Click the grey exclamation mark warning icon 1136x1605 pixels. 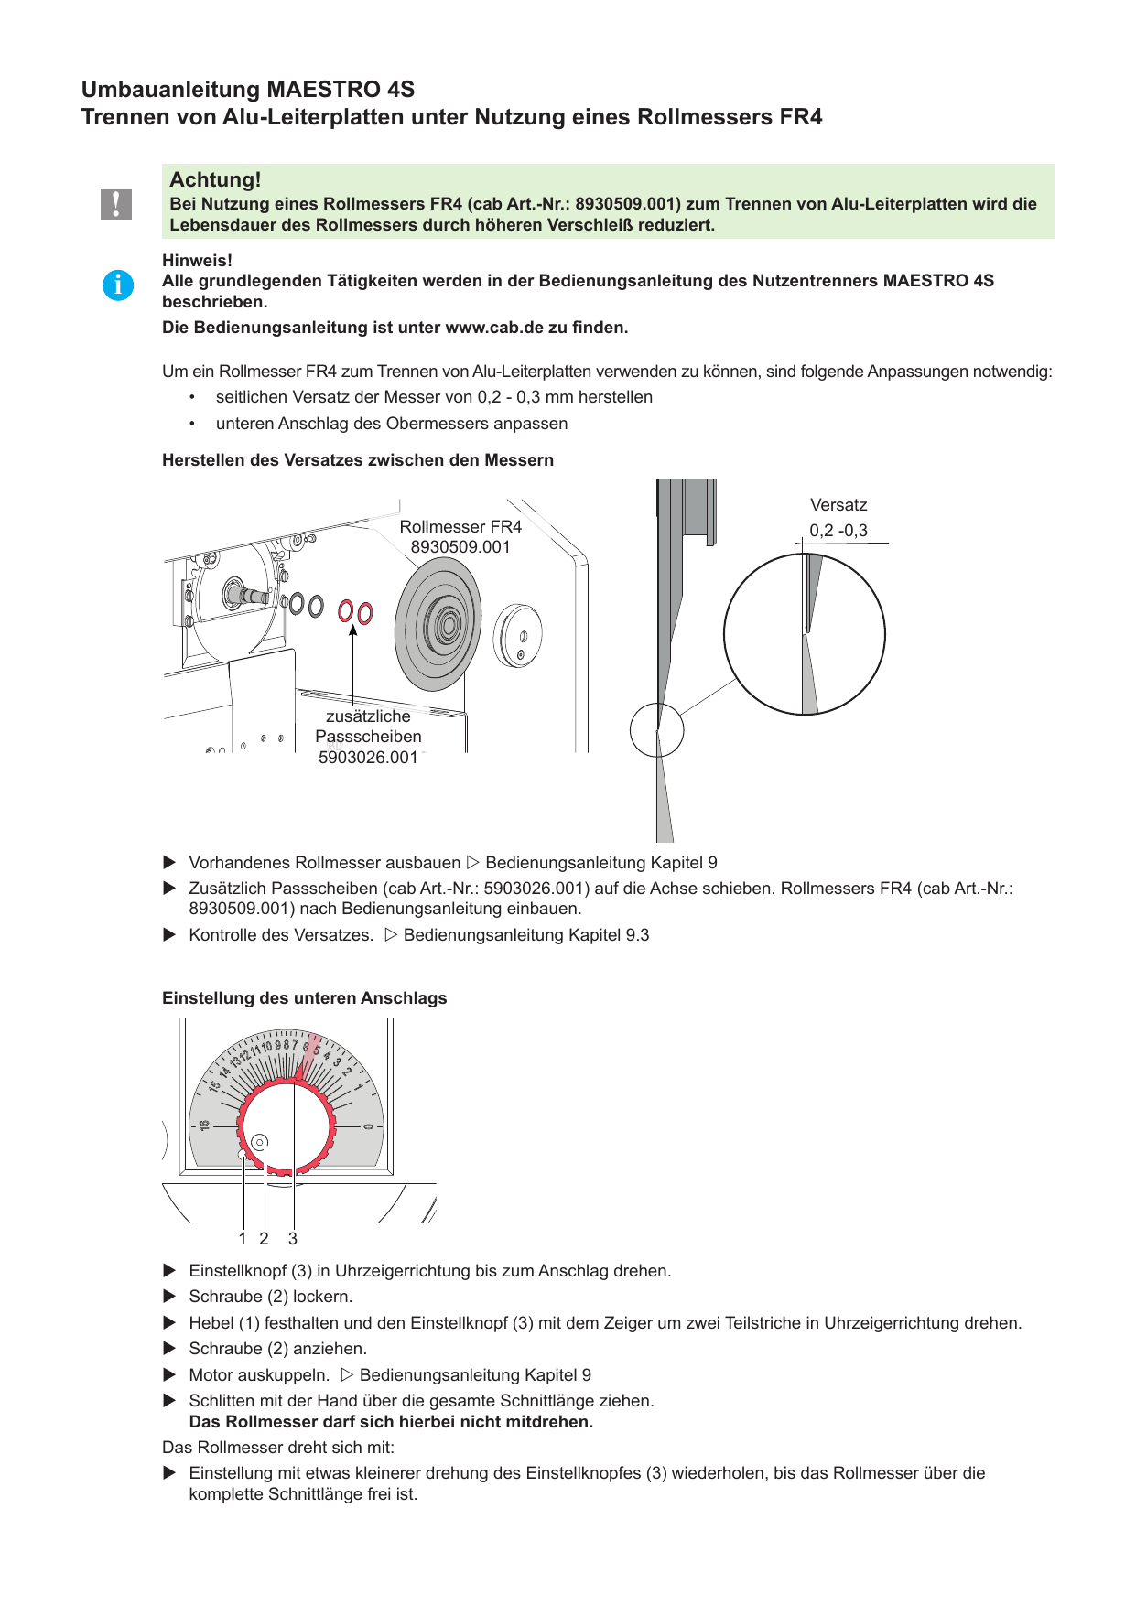pos(116,203)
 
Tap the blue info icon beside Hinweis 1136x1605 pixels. pos(118,285)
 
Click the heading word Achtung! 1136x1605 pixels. pos(215,179)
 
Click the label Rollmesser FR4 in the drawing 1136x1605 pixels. pos(460,527)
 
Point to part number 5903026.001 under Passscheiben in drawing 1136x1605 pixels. pos(368,758)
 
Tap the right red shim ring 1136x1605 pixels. pos(365,612)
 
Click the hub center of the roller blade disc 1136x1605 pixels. pos(449,624)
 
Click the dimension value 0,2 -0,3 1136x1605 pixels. pos(838,531)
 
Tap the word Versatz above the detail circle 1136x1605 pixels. pos(838,505)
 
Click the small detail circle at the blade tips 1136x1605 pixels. pos(657,730)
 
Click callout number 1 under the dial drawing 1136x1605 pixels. pos(243,1239)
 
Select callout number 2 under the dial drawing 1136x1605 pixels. pos(264,1239)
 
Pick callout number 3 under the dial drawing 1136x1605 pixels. pos(293,1239)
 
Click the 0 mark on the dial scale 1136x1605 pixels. pos(368,1126)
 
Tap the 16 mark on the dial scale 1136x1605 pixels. pos(204,1125)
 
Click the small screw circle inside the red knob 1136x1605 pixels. pos(260,1142)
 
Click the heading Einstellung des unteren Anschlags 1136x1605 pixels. pos(305,998)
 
